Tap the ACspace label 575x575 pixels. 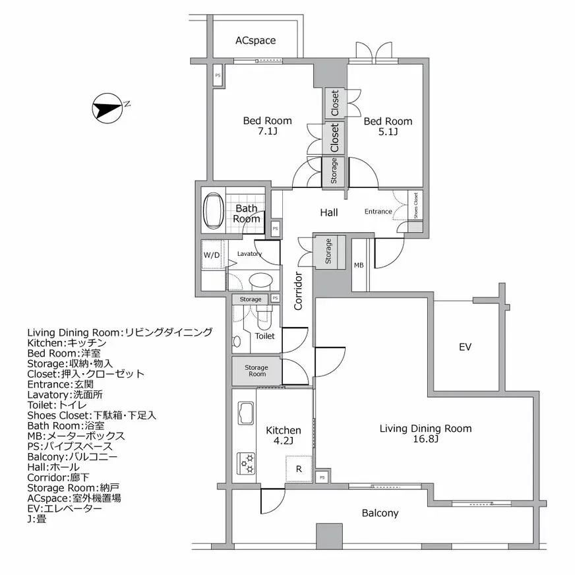click(256, 41)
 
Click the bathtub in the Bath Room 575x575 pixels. click(213, 211)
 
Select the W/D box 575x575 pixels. click(212, 255)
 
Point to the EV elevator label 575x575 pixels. click(465, 347)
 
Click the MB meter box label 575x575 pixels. click(359, 266)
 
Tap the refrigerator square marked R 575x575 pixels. click(299, 469)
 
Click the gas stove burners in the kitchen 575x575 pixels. click(247, 462)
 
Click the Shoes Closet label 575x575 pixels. click(415, 206)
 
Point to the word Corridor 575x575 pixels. click(298, 291)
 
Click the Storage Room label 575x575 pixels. click(257, 371)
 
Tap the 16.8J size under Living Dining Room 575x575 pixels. click(425, 439)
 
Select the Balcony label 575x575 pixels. click(380, 512)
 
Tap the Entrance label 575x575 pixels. click(378, 212)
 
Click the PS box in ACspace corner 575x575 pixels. click(218, 75)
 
